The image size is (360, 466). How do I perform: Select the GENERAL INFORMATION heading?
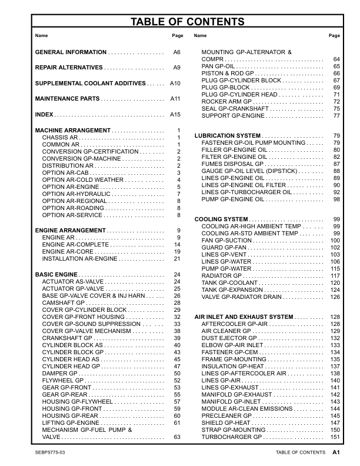pyautogui.click(x=71, y=52)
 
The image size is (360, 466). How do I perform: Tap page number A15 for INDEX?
pyautogui.click(x=175, y=114)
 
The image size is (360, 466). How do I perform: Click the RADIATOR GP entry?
pyautogui.click(x=221, y=276)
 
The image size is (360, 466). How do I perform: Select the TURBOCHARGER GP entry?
pyautogui.click(x=231, y=437)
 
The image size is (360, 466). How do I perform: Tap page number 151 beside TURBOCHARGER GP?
pyautogui.click(x=335, y=437)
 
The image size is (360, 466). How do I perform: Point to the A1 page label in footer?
pyautogui.click(x=336, y=452)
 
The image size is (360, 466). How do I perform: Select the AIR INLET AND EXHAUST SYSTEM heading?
pyautogui.click(x=244, y=317)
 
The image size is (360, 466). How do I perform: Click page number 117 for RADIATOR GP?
pyautogui.click(x=335, y=276)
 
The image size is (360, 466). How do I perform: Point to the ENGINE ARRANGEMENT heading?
pyautogui.click(x=71, y=230)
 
